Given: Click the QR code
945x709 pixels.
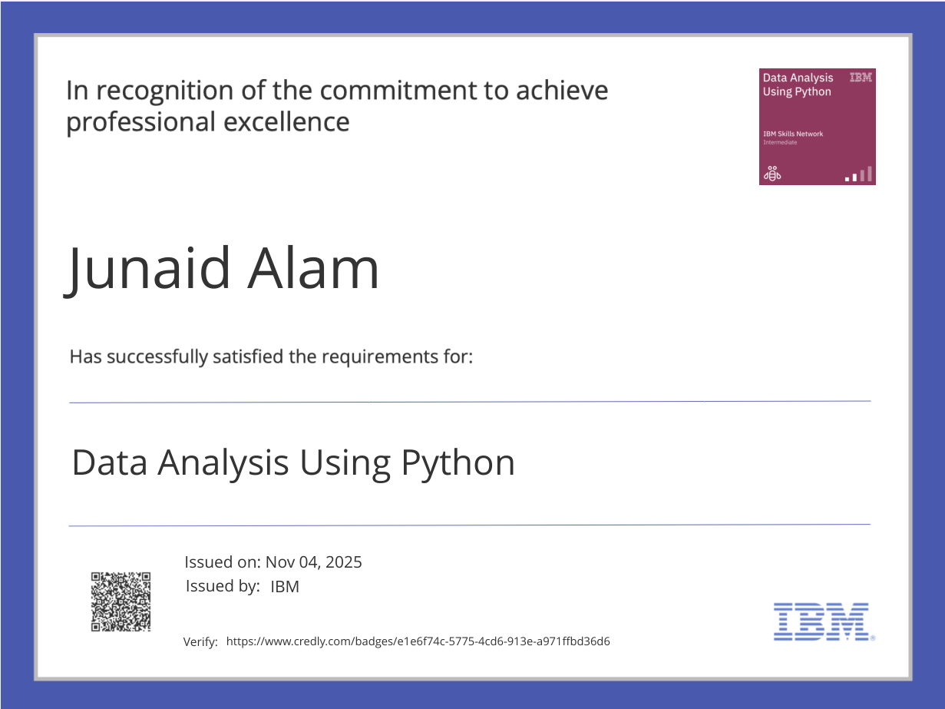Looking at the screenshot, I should pos(121,601).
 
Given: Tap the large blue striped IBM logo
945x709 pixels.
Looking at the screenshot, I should pos(822,621).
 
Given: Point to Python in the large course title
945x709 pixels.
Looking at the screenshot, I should pos(458,463).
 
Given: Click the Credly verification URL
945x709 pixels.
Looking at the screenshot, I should pos(418,641).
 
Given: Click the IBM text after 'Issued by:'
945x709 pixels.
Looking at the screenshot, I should pos(285,587).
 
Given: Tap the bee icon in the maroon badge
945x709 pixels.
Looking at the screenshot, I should pos(771,174).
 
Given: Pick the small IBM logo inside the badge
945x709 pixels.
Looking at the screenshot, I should pos(860,78).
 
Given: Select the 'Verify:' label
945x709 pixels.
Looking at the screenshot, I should pos(200,642).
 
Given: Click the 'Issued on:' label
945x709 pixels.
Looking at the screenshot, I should pos(223,562).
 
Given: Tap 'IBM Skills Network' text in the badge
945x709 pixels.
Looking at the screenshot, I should pos(792,134).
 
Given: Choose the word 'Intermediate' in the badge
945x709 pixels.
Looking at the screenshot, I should pos(780,142).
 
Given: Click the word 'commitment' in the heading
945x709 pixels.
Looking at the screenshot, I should pos(396,91).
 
